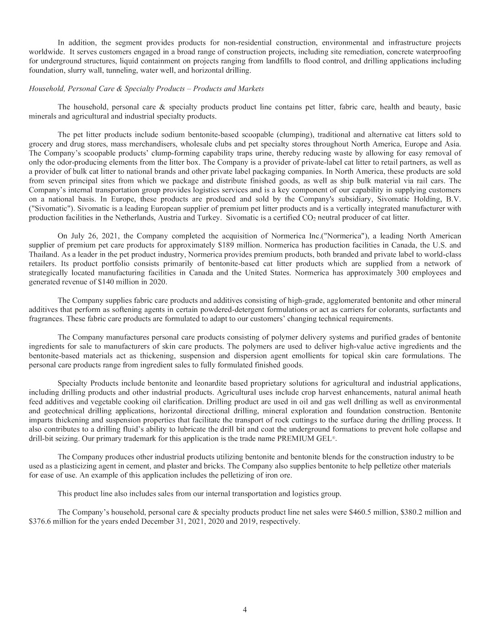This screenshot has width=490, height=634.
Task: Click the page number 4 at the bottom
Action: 245,610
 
